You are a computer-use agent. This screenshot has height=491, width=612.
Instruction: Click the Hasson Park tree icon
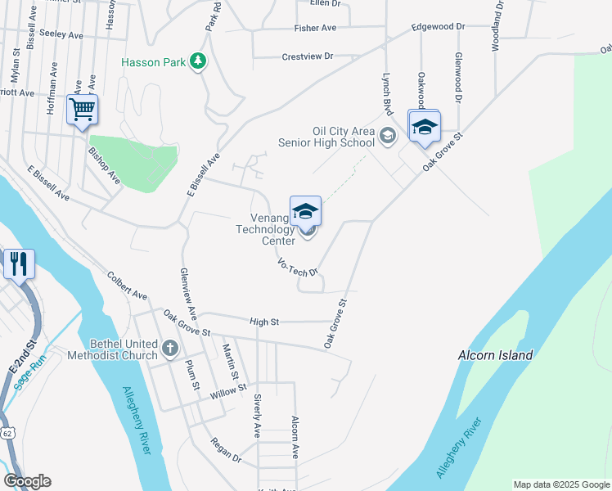pos(197,61)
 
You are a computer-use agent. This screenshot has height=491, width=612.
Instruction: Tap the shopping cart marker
pos(83,109)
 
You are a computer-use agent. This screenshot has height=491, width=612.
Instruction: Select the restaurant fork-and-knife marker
pos(18,264)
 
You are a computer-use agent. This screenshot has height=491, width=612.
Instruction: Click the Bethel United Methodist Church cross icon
pos(170,349)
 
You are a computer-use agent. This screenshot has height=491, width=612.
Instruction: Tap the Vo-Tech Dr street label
pos(297,268)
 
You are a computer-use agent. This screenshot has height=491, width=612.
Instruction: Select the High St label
pos(265,322)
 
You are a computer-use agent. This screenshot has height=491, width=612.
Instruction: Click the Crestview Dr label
pos(307,56)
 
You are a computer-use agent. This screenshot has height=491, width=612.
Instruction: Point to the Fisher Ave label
pos(316,28)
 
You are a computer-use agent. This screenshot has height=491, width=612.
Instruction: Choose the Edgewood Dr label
pos(438,26)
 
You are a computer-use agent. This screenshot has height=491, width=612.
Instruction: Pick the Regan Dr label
pos(226,453)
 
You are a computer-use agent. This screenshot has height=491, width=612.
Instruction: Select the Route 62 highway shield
pos(7,431)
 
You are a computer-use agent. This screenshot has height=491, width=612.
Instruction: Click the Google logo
pos(27,481)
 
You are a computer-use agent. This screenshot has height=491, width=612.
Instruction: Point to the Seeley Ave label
pos(62,35)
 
